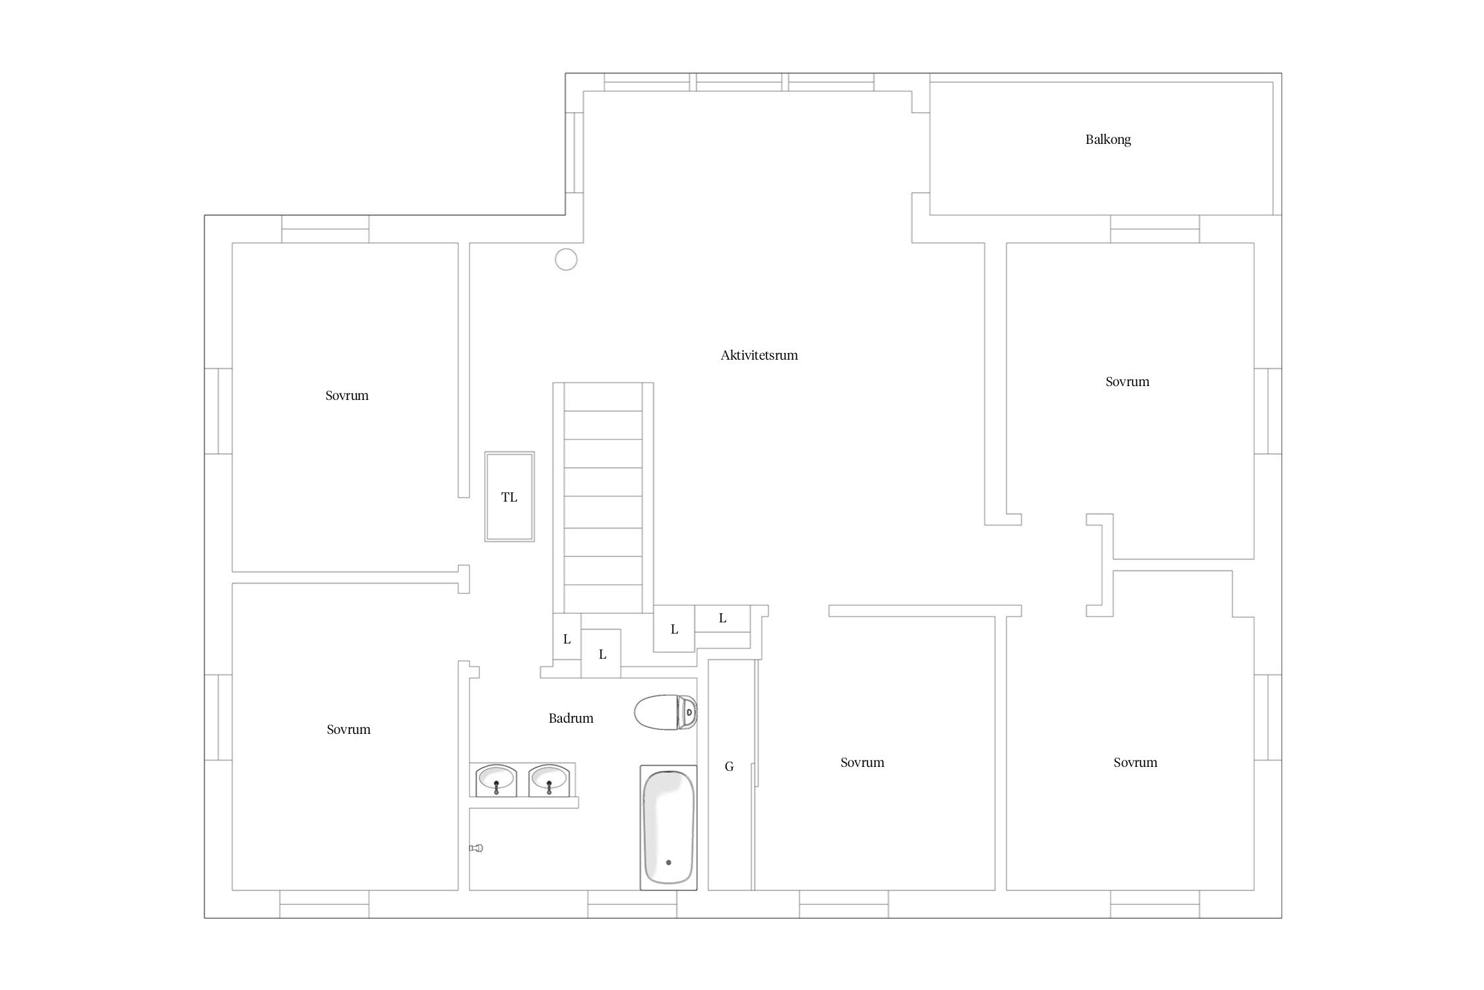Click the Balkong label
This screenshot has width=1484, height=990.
1108,140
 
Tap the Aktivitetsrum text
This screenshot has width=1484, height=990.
759,355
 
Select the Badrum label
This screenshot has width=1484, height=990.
571,718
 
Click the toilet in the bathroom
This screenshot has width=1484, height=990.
665,712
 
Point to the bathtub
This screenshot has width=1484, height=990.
668,828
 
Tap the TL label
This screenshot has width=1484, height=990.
509,498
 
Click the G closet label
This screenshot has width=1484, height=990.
729,767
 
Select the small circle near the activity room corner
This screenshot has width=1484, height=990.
566,259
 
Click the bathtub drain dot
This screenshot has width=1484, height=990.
668,863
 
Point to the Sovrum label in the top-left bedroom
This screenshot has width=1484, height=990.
347,396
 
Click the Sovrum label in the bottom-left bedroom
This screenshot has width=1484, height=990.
349,730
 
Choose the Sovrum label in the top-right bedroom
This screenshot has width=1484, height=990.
1127,382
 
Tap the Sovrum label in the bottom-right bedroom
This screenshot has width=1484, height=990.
1135,763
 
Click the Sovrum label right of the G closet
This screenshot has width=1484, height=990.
862,763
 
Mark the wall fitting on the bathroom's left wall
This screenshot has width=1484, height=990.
476,848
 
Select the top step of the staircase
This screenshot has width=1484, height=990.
603,397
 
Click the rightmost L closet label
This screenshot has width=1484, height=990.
722,618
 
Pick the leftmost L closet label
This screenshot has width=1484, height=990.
567,640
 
